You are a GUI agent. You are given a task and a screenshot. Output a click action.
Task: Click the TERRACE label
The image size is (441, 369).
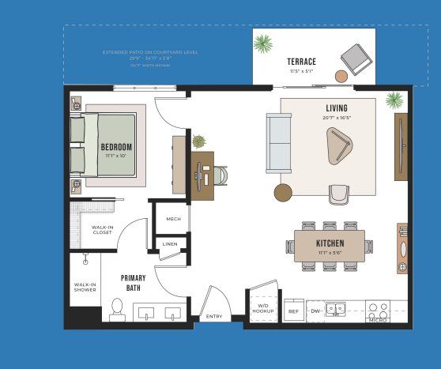coord(301,62)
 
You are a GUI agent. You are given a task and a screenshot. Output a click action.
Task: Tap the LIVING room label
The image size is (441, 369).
coord(337,108)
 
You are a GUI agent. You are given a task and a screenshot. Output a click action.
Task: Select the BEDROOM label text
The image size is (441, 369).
coord(116,147)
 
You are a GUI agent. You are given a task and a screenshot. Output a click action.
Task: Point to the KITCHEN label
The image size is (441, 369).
coord(329,243)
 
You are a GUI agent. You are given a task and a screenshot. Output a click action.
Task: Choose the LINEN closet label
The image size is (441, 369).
coord(170,245)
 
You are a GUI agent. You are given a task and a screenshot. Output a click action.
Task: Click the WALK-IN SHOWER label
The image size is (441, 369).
coord(85,287)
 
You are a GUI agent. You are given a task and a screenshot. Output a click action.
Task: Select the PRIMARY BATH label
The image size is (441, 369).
coord(133,283)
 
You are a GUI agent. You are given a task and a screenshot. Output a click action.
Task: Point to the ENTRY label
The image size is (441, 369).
coord(214,317)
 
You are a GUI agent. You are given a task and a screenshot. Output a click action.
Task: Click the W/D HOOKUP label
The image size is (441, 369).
coord(262,309)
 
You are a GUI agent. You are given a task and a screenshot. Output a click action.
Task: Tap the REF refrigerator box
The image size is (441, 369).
coord(292,311)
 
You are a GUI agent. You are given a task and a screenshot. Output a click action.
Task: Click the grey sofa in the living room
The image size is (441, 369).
coord(279,143)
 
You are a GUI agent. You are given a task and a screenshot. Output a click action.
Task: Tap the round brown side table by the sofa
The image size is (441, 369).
coord(283,192)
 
